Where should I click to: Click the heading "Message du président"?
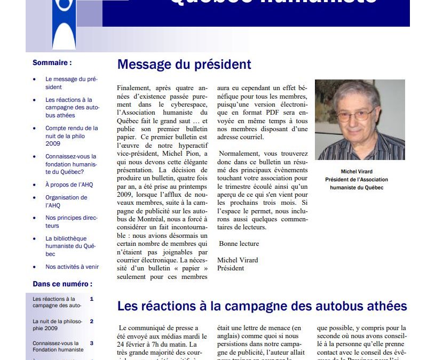(184, 65)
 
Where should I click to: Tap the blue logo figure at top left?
(64, 24)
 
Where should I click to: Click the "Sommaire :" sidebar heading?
(52, 62)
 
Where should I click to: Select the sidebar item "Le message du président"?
(72, 83)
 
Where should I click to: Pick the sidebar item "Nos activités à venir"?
(72, 267)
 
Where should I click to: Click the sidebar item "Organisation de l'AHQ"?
(66, 201)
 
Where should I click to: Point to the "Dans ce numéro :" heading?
(62, 284)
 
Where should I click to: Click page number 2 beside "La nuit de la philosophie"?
(92, 322)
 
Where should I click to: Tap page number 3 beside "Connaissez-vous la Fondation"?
(92, 343)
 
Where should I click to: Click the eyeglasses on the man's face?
(356, 115)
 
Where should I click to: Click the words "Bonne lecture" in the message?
(239, 244)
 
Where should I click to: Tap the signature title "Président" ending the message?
(231, 268)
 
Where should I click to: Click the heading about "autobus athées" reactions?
(262, 306)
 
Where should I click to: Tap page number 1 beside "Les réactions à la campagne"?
(92, 299)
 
